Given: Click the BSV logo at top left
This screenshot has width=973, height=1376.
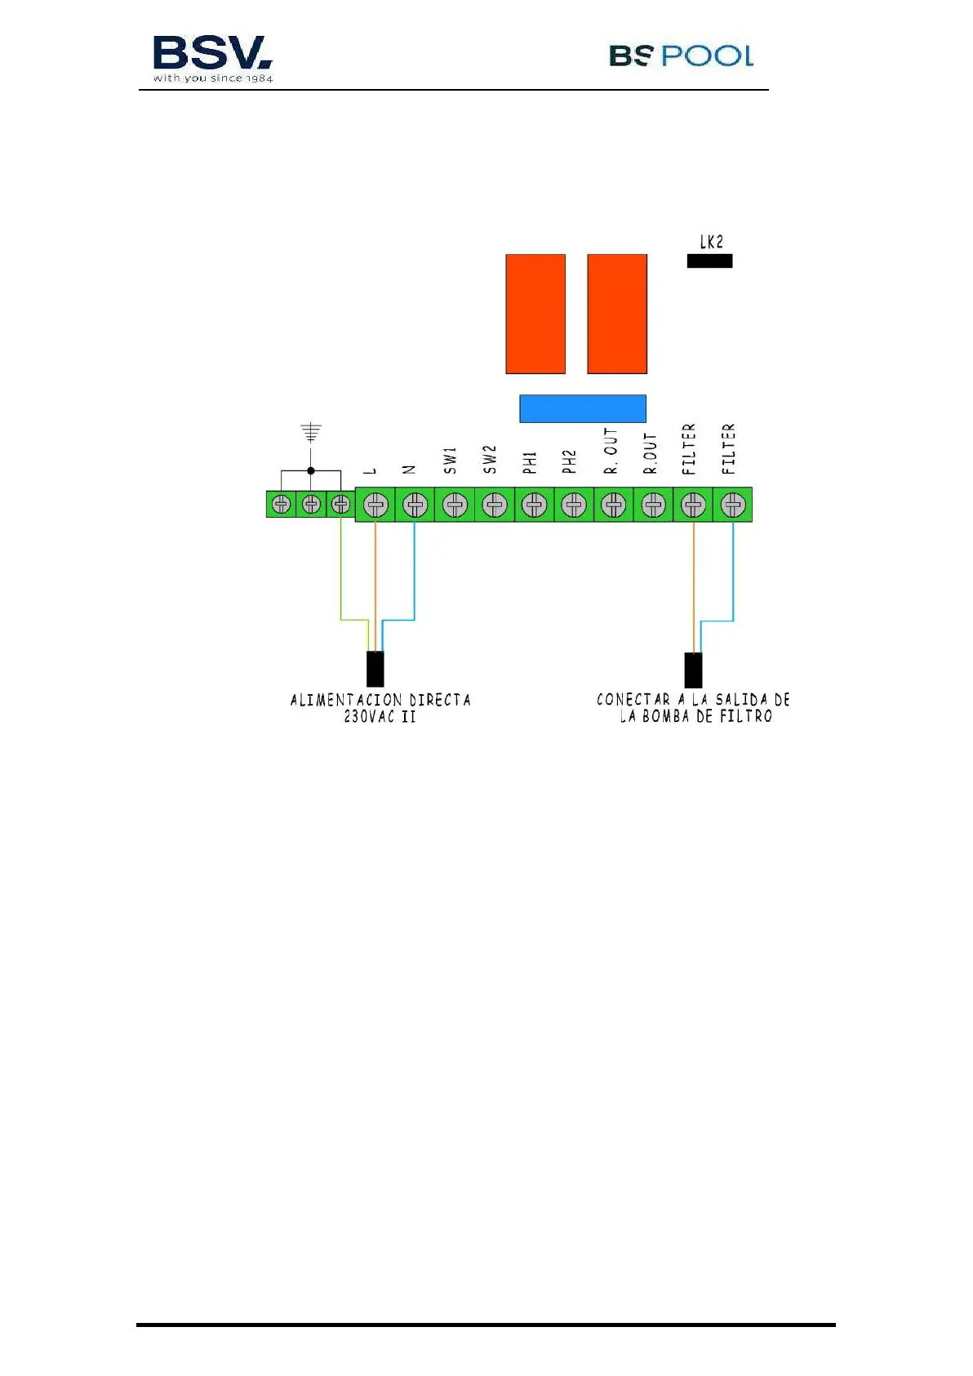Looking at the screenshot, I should coord(212,57).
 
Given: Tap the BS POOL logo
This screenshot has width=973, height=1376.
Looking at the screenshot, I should coord(681,56).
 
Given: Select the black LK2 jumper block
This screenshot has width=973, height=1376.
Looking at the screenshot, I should coord(709,261).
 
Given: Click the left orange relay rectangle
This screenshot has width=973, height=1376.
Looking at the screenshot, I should coord(535,314).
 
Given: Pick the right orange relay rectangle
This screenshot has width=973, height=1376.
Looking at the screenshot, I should coord(617,314).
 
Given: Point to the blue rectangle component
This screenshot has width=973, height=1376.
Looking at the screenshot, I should coord(583,408).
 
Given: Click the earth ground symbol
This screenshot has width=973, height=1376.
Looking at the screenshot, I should coord(311,432).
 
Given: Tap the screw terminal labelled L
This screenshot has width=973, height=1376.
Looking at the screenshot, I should coord(375,505).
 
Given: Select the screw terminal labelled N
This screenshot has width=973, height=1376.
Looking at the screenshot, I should coord(415,505).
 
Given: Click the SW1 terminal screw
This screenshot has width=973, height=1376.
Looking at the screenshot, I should coord(455,505).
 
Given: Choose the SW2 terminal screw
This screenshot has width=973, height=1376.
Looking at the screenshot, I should coord(495,505).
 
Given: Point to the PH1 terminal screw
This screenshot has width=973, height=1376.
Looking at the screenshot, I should coord(535,505).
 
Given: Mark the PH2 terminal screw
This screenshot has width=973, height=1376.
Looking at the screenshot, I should coord(574,505).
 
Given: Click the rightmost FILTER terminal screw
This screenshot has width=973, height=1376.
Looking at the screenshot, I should coord(733,505).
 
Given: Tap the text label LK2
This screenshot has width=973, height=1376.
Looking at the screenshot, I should coord(711,242).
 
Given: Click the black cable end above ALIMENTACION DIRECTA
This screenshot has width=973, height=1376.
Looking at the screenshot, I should coord(375,669).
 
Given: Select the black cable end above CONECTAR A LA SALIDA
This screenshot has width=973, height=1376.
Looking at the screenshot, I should coord(693,670).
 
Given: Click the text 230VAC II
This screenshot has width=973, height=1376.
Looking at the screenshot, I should coord(380,717).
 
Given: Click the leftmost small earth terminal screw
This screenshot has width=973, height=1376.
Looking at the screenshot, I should coord(281,505).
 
